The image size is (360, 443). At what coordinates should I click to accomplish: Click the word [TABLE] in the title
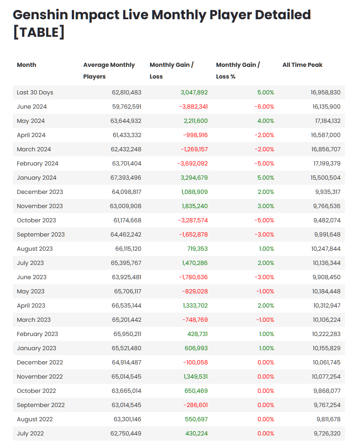[39, 33]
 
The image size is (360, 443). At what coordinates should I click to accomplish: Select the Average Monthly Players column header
[109, 71]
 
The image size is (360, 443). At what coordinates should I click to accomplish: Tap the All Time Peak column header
[302, 65]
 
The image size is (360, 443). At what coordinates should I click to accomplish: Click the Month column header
[26, 65]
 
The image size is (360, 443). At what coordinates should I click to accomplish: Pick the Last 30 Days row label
[35, 92]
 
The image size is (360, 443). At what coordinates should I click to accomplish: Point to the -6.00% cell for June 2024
[264, 107]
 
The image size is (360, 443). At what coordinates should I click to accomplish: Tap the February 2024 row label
[38, 163]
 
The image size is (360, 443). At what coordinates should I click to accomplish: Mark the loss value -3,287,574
[193, 220]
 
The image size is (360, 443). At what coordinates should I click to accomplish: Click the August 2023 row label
[35, 249]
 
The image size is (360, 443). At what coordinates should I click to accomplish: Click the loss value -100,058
[195, 362]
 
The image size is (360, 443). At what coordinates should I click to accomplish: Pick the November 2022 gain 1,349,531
[195, 377]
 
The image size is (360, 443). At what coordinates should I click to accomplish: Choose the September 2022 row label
[41, 405]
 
